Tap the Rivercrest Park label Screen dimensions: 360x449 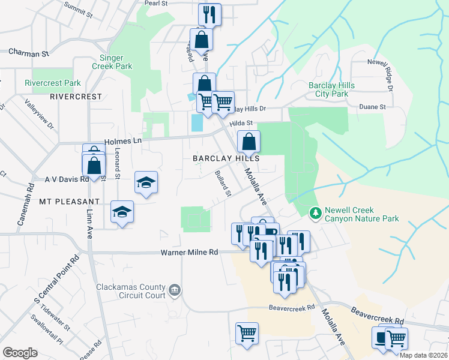tap(52, 83)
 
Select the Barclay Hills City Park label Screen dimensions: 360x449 tap(331, 89)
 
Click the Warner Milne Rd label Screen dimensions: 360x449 tap(189, 253)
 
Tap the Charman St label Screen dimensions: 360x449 tap(29, 53)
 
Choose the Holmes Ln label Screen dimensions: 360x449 tap(122, 141)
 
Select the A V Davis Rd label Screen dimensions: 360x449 tap(67, 179)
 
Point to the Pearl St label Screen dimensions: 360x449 tap(155, 3)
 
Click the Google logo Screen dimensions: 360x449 tap(20, 353)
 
